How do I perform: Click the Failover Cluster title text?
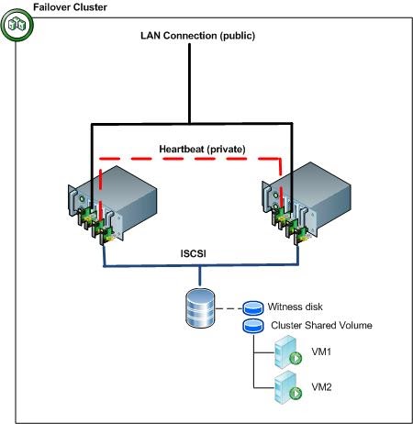coord(69,7)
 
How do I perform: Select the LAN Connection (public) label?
coord(197,36)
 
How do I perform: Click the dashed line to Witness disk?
coord(229,309)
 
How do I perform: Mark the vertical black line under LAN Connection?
coord(189,83)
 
